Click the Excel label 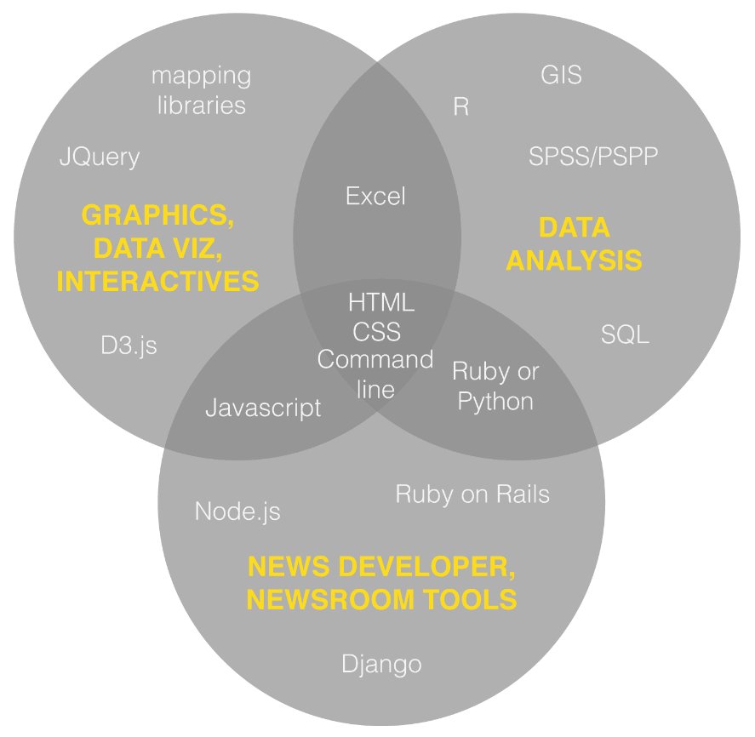pos(375,197)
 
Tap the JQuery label pos(99,157)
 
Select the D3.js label pos(129,346)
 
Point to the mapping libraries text pos(201,90)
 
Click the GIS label pos(561,75)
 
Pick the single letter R pos(460,108)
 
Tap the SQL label pos(625,334)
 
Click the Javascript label pos(263,408)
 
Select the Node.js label pos(237,511)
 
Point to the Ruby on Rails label pos(472,494)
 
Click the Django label pos(381,664)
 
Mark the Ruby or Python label pos(495,386)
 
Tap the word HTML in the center pos(381,302)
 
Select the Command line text pos(375,374)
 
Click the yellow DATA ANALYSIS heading pos(575,243)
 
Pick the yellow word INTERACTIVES pos(157,281)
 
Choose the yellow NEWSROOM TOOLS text pos(381,599)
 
